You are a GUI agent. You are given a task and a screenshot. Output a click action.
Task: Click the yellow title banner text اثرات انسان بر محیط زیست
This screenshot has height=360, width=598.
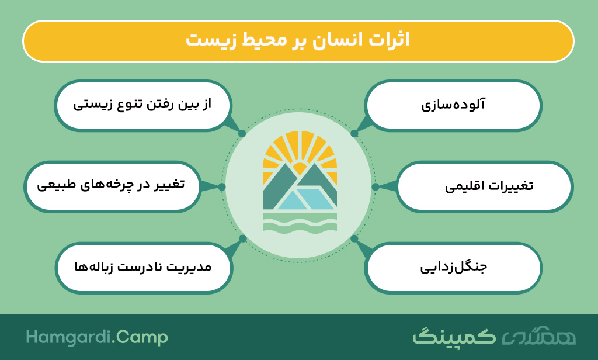(x=298, y=40)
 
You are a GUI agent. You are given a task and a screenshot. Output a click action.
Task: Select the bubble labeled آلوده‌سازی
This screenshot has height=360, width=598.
(x=453, y=105)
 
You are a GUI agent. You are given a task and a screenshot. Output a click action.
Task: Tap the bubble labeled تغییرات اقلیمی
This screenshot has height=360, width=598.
(x=485, y=186)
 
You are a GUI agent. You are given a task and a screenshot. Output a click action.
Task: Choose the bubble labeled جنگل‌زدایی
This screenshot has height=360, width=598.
(x=453, y=268)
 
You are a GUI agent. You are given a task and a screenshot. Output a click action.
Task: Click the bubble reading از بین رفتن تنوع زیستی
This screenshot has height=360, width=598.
(x=143, y=105)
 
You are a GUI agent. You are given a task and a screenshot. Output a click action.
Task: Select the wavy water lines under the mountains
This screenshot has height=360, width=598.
(x=300, y=222)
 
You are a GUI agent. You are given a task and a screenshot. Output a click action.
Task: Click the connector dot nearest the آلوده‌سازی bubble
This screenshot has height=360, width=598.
(x=354, y=134)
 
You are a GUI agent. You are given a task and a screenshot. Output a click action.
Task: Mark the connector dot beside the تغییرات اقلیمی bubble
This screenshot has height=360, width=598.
(x=376, y=186)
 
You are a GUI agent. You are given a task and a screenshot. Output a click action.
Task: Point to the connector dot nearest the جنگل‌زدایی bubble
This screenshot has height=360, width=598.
(x=354, y=238)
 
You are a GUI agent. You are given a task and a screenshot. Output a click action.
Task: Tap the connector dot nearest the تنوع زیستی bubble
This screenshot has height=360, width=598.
(x=242, y=134)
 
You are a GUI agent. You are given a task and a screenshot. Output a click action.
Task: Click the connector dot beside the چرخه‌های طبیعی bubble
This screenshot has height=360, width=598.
(x=221, y=186)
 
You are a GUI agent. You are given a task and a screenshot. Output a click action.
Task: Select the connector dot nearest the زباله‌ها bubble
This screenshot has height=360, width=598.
(x=243, y=238)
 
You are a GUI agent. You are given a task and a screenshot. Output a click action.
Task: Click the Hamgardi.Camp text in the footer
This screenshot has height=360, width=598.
(x=97, y=338)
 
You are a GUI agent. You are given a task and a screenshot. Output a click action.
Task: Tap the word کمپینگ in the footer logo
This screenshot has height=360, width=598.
(x=454, y=337)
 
